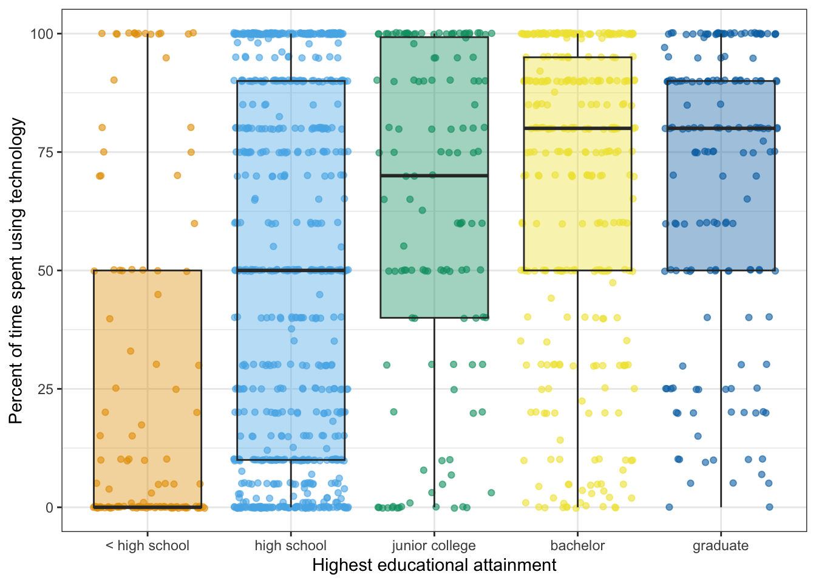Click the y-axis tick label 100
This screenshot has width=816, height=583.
coord(42,33)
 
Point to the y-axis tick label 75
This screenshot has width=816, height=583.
coord(46,152)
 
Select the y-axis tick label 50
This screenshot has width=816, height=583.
coord(46,270)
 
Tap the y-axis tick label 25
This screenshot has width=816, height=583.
coord(46,389)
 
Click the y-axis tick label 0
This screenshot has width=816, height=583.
coord(50,507)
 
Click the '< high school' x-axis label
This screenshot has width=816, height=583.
coord(148,545)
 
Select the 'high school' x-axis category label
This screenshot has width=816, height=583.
coord(291,545)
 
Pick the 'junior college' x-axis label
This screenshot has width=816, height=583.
coord(434,545)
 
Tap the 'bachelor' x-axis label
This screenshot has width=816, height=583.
coord(577,545)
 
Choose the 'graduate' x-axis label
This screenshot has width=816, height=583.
coord(721,545)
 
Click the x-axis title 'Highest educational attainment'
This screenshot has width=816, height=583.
coord(434,565)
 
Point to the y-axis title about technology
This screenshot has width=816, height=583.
coord(16,270)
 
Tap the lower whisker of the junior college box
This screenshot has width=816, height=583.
coord(434,413)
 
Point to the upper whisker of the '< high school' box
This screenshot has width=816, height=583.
coord(148,152)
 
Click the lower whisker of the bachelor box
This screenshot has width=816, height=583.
coord(577,389)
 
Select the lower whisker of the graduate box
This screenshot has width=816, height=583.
coord(721,389)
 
